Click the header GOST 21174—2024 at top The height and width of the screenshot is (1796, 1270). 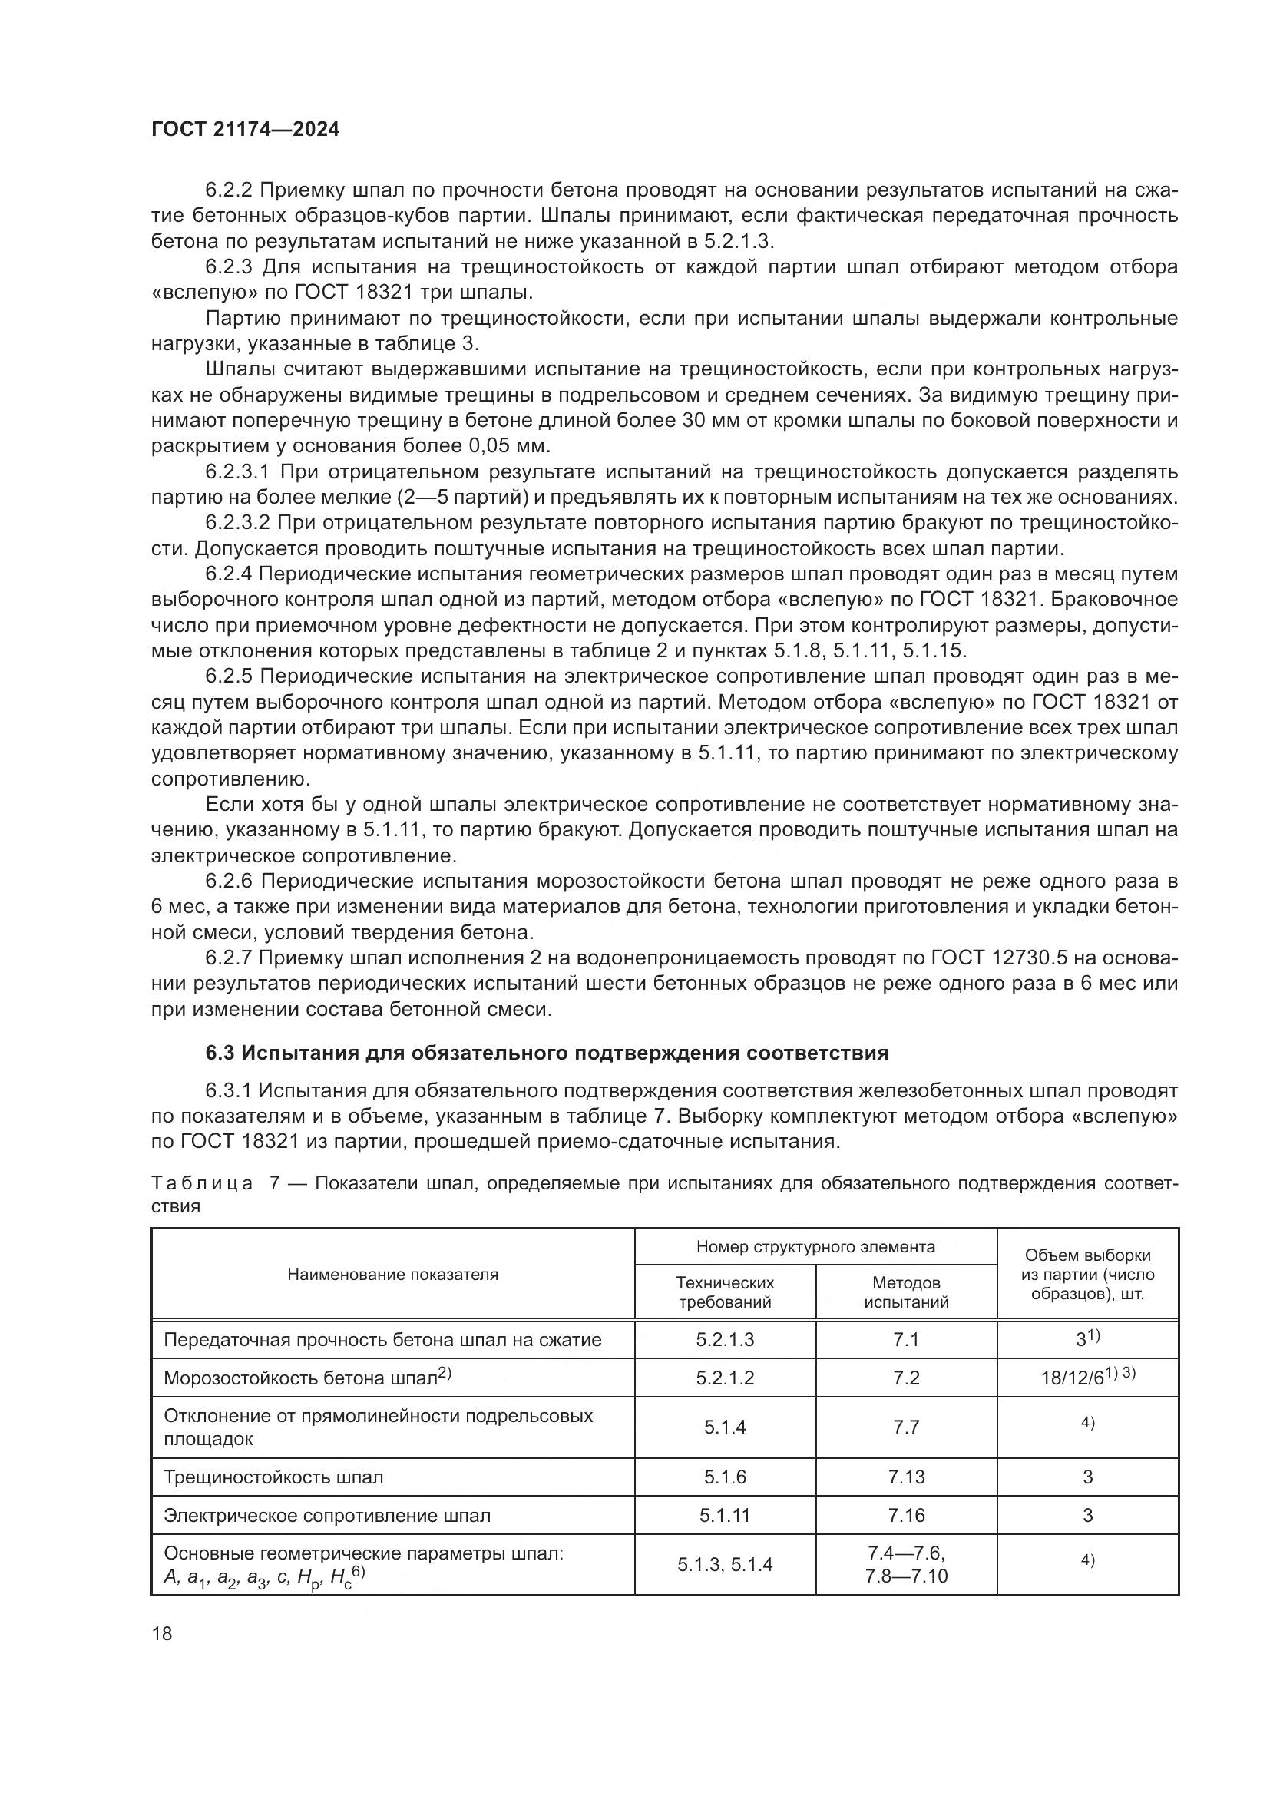[246, 130]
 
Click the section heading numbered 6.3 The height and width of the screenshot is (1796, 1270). [547, 1053]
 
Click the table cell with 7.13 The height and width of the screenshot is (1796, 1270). [905, 1477]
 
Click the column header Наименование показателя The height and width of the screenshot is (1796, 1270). [392, 1275]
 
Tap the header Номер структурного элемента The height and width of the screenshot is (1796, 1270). [815, 1247]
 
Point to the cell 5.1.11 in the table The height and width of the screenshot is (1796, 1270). [724, 1515]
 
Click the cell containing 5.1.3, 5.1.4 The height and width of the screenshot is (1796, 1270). [724, 1564]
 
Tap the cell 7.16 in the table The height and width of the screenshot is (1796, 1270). [905, 1515]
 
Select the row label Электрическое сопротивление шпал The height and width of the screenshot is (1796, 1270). [327, 1515]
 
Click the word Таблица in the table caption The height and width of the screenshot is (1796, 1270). [202, 1183]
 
